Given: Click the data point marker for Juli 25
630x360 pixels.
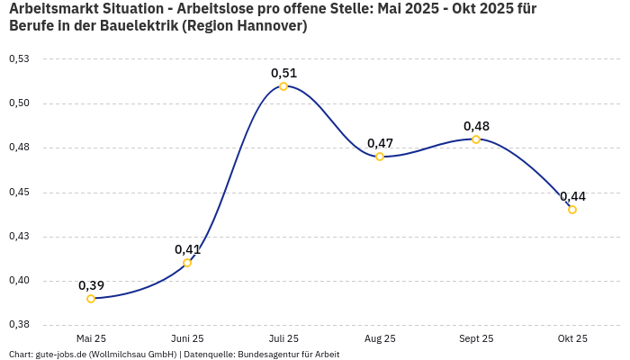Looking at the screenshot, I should (x=283, y=86).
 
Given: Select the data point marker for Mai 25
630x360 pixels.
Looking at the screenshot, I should (x=91, y=299).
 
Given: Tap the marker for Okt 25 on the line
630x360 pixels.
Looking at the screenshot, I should (x=572, y=210).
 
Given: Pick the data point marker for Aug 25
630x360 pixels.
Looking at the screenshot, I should (x=380, y=157).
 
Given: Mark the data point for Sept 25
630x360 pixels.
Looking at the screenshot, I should (x=476, y=139).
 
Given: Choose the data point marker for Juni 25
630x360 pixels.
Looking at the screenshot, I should (x=187, y=263).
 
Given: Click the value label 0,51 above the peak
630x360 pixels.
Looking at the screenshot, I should (x=283, y=73).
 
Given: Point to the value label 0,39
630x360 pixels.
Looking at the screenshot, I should (x=91, y=285).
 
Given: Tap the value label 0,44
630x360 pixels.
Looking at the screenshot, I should (x=572, y=196).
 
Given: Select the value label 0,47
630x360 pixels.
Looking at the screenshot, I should (x=380, y=143).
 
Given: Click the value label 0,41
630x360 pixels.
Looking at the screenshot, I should (x=187, y=249).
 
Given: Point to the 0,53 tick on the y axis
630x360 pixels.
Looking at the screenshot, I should (x=19, y=58).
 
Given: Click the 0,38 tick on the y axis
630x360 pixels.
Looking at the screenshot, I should (x=19, y=324).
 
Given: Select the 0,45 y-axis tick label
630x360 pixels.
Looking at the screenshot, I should (x=19, y=192).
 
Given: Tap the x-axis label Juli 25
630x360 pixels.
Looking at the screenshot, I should (x=283, y=338).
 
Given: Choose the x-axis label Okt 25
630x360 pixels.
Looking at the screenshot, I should (x=572, y=338).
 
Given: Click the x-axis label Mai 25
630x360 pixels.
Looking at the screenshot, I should (x=91, y=338).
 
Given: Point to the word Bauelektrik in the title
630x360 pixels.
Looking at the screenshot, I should (x=135, y=26).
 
